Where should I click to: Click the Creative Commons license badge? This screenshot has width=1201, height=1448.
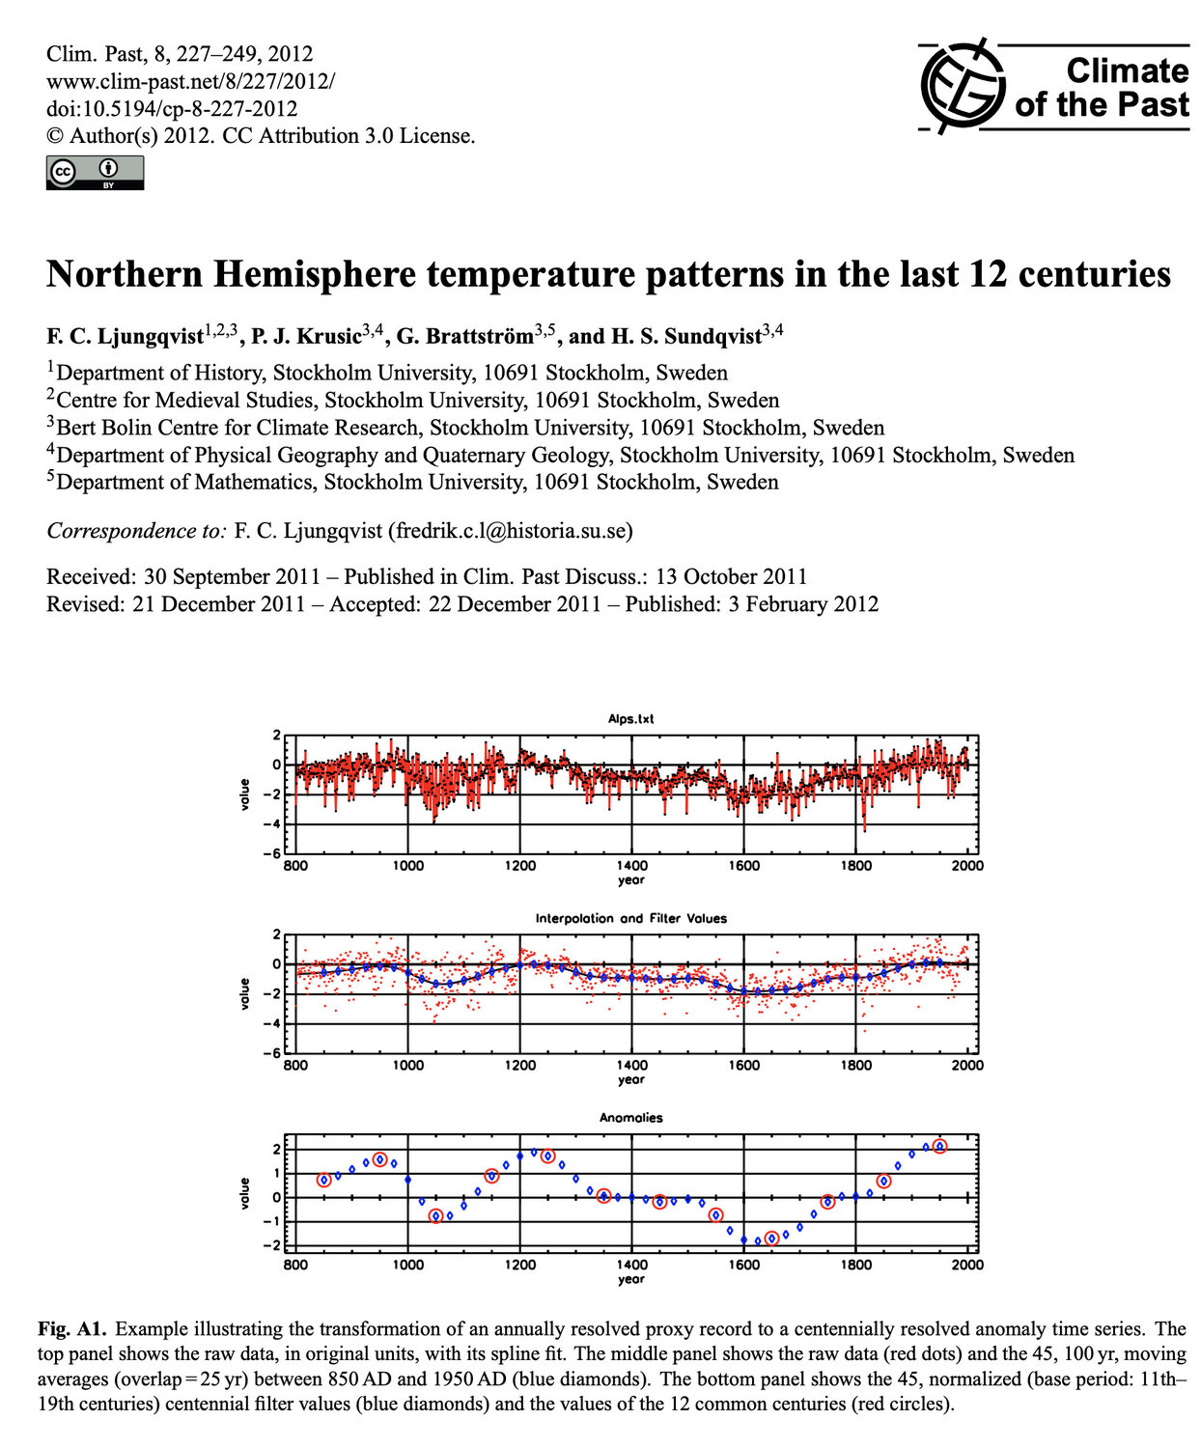point(95,172)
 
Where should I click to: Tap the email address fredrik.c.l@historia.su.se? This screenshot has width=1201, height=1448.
point(510,531)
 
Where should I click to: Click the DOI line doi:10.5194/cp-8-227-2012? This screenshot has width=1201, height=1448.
point(172,109)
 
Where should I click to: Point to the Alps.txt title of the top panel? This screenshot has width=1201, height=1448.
point(631,719)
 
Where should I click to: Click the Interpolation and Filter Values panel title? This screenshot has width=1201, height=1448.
point(631,918)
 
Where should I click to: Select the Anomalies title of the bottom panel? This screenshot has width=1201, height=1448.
point(631,1118)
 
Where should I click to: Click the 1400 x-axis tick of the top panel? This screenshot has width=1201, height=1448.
point(631,866)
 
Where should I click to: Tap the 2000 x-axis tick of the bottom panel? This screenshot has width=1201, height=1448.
point(967,1265)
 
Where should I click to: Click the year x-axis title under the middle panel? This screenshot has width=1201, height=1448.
point(631,1079)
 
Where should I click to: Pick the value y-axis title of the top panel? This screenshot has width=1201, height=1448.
point(244,794)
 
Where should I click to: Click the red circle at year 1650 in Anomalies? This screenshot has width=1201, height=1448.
point(771,1239)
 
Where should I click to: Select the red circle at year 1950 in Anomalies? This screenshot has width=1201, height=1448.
point(939,1146)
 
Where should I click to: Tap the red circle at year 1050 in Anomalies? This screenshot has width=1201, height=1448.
point(435,1216)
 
